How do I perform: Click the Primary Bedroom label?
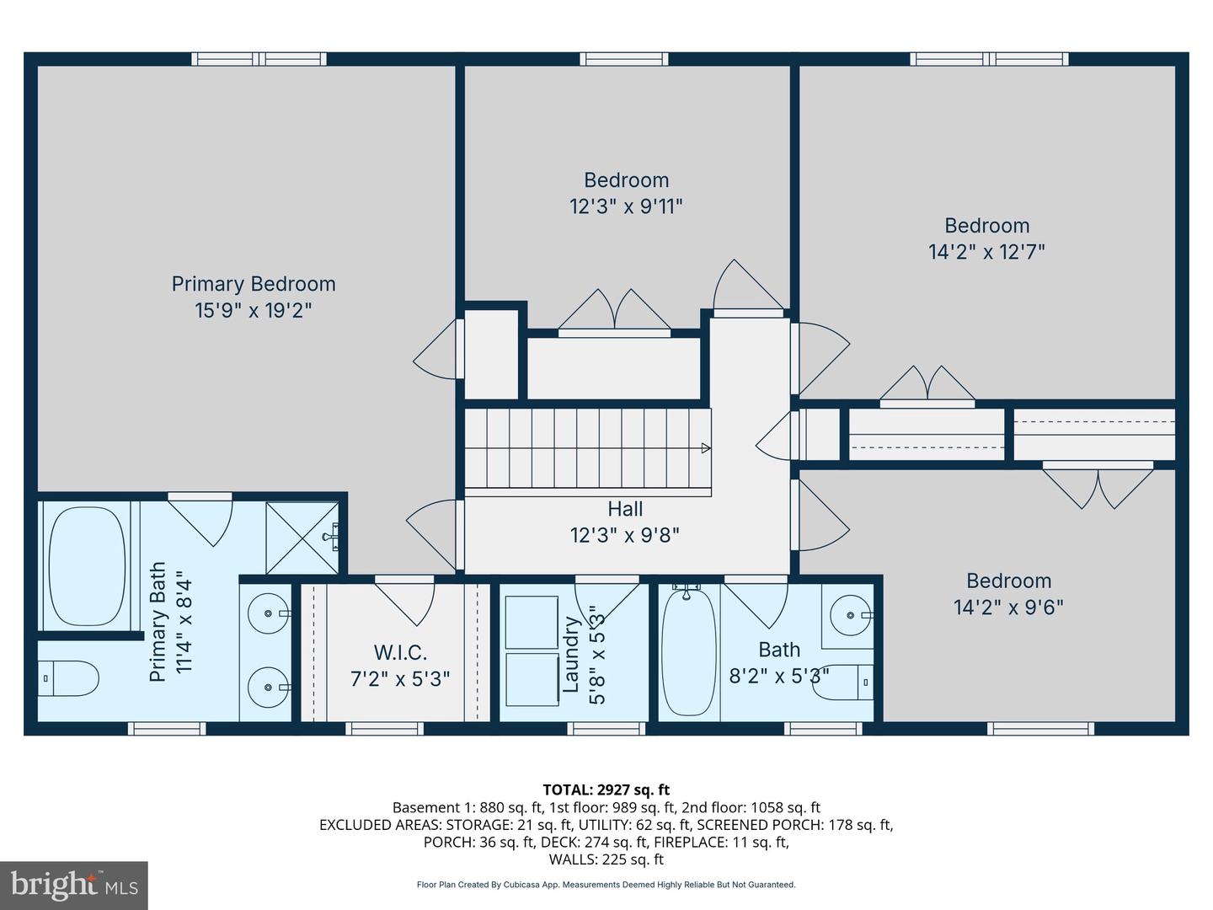click(254, 284)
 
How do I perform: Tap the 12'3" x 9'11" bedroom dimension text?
click(626, 206)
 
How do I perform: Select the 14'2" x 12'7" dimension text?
click(986, 252)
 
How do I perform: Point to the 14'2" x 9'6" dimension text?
click(1008, 608)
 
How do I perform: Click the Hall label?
click(625, 509)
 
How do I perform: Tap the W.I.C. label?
click(400, 652)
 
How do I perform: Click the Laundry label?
click(571, 655)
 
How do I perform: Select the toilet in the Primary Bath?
click(69, 677)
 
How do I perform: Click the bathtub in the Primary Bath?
click(87, 565)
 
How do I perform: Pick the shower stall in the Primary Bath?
click(302, 537)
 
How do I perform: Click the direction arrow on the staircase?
click(705, 448)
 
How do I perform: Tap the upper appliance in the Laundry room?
click(532, 622)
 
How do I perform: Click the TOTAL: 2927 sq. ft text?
click(606, 790)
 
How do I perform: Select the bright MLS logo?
click(74, 885)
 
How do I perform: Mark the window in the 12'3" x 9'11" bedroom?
click(624, 59)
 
